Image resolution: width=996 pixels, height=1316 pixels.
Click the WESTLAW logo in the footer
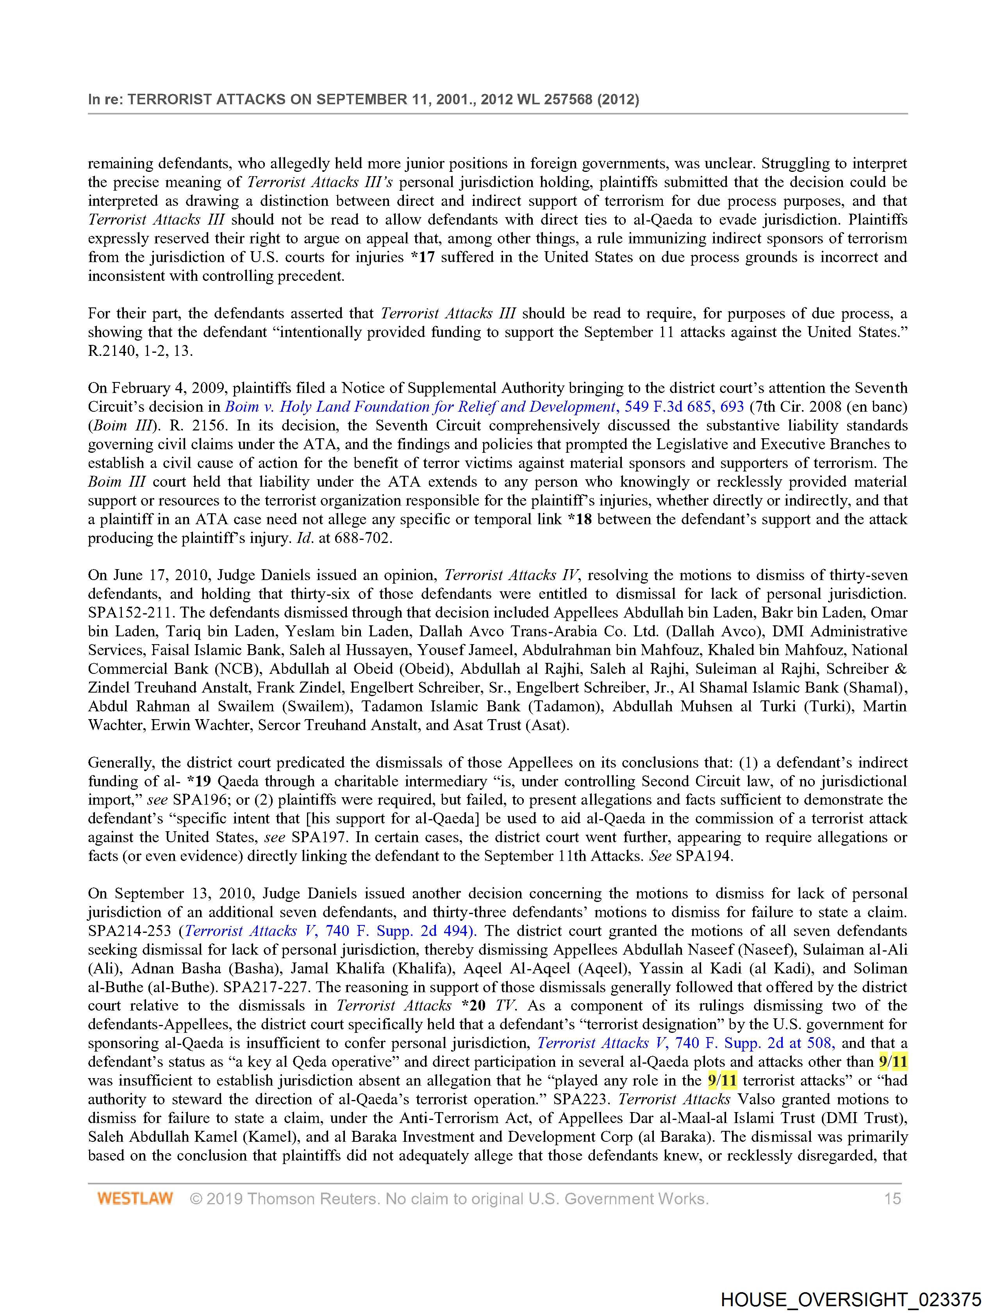(x=135, y=1198)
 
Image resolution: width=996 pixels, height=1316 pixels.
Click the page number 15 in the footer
(x=892, y=1198)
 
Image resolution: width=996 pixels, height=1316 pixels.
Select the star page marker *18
(x=580, y=520)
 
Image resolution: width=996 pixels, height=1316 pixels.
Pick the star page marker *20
(x=473, y=1006)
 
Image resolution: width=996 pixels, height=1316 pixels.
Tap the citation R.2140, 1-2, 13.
(x=140, y=351)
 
